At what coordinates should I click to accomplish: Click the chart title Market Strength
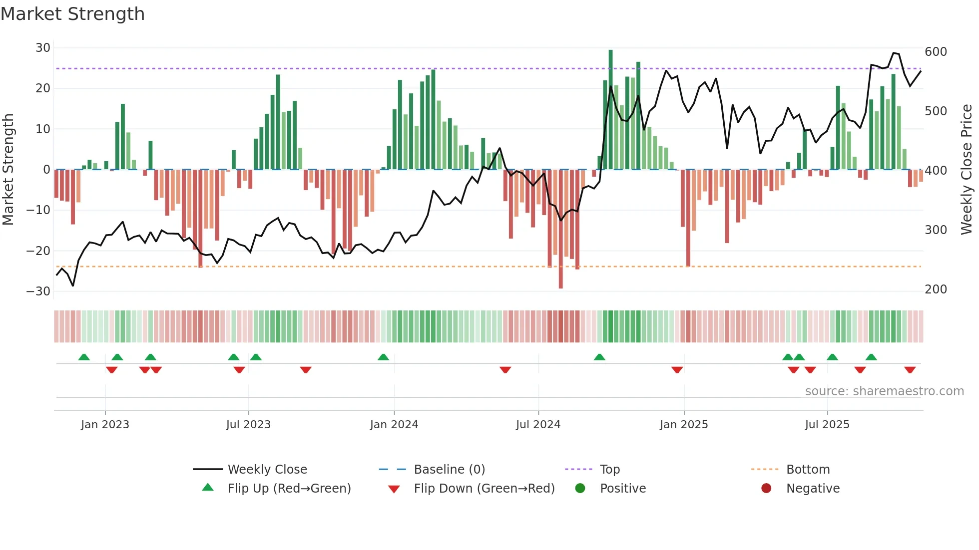[x=72, y=14]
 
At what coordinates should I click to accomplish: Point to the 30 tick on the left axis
[x=43, y=48]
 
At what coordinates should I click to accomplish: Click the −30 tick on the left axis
[x=39, y=291]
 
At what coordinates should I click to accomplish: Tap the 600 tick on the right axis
[x=936, y=52]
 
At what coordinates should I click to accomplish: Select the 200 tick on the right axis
[x=936, y=289]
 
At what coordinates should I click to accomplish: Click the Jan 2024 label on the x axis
[x=394, y=425]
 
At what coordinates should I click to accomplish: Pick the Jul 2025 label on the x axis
[x=827, y=425]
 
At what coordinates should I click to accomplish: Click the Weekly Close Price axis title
[x=967, y=170]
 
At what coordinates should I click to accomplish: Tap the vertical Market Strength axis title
[x=8, y=170]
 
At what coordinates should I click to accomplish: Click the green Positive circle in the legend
[x=580, y=489]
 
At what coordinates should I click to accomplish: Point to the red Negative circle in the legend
[x=766, y=489]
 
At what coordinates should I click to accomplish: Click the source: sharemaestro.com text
[x=884, y=391]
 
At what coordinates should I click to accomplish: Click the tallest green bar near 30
[x=610, y=110]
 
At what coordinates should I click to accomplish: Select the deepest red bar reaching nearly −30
[x=560, y=230]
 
